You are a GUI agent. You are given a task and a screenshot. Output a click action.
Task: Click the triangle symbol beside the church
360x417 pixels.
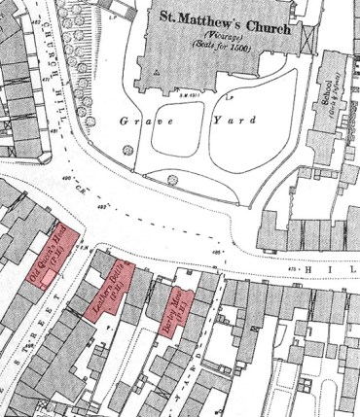[155, 71]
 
